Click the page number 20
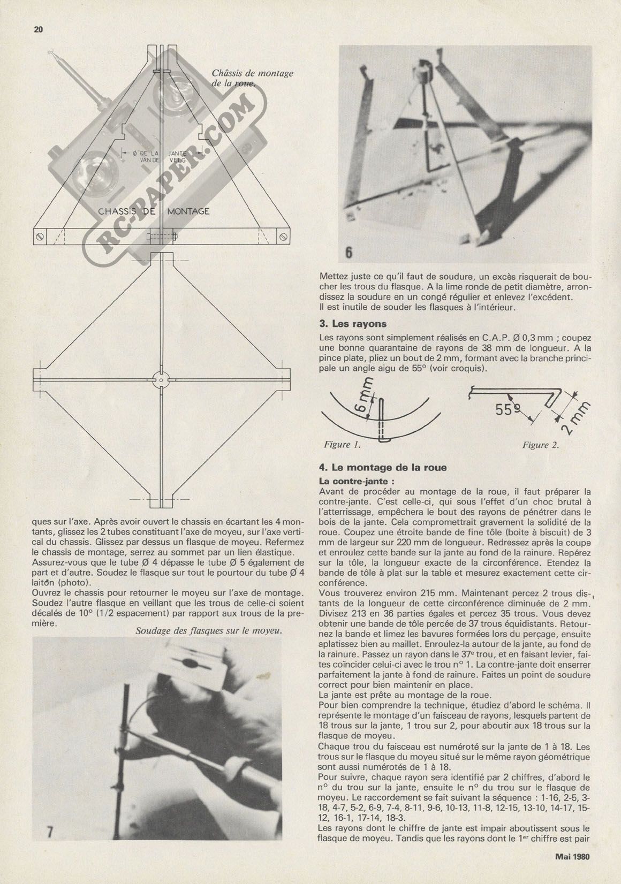point(37,30)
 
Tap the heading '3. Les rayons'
point(352,324)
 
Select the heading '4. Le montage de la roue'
point(382,468)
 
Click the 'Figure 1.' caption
point(343,445)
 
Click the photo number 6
point(349,252)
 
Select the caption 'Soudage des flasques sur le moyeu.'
point(209,630)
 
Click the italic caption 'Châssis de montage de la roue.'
point(252,78)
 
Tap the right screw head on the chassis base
point(282,236)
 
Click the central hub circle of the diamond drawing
point(161,379)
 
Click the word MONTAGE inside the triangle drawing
point(188,211)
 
